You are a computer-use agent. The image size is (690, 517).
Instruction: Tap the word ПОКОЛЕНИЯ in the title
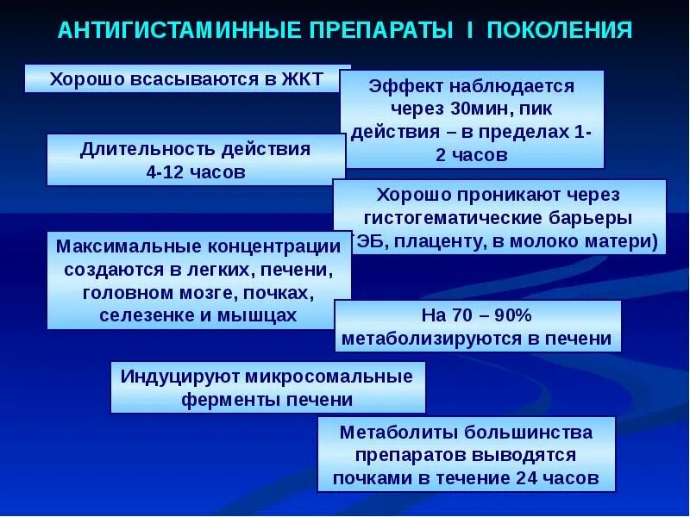pyautogui.click(x=559, y=31)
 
